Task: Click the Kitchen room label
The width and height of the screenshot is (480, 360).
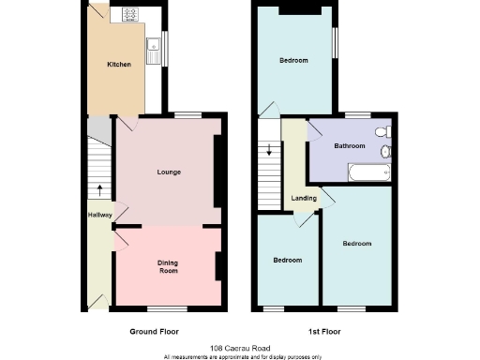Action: tap(118, 64)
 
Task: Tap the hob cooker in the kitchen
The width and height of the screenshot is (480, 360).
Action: tap(128, 15)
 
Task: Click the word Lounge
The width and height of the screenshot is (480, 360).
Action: tap(169, 172)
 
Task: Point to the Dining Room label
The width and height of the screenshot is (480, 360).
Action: tap(167, 266)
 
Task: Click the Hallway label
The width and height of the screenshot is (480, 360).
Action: tap(99, 215)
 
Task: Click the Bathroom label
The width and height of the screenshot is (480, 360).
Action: tap(349, 146)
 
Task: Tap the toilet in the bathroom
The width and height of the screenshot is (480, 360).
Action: tap(384, 151)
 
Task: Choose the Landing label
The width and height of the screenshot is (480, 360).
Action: tap(304, 198)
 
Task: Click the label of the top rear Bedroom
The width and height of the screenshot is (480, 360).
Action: tap(293, 60)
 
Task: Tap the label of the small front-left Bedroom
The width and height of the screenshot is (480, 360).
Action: tap(287, 260)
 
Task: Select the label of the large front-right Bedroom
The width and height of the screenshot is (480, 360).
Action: tap(356, 244)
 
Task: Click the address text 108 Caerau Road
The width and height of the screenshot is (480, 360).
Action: tap(240, 347)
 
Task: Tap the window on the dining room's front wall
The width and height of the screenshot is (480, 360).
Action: tap(167, 307)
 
